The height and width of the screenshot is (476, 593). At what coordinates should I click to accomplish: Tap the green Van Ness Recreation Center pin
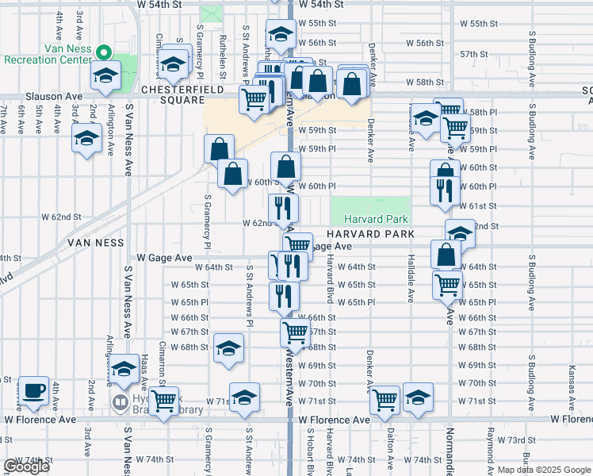[102, 54]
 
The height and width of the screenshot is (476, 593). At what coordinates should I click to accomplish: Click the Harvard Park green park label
[375, 219]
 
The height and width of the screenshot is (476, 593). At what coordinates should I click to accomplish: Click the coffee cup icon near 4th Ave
[34, 390]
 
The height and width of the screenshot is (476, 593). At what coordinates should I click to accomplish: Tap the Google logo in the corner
[26, 466]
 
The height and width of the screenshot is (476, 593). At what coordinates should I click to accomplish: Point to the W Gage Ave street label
[164, 258]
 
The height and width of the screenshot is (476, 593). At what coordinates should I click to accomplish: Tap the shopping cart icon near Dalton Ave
[384, 401]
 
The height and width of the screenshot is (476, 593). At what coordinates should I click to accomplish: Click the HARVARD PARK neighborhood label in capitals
[369, 235]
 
